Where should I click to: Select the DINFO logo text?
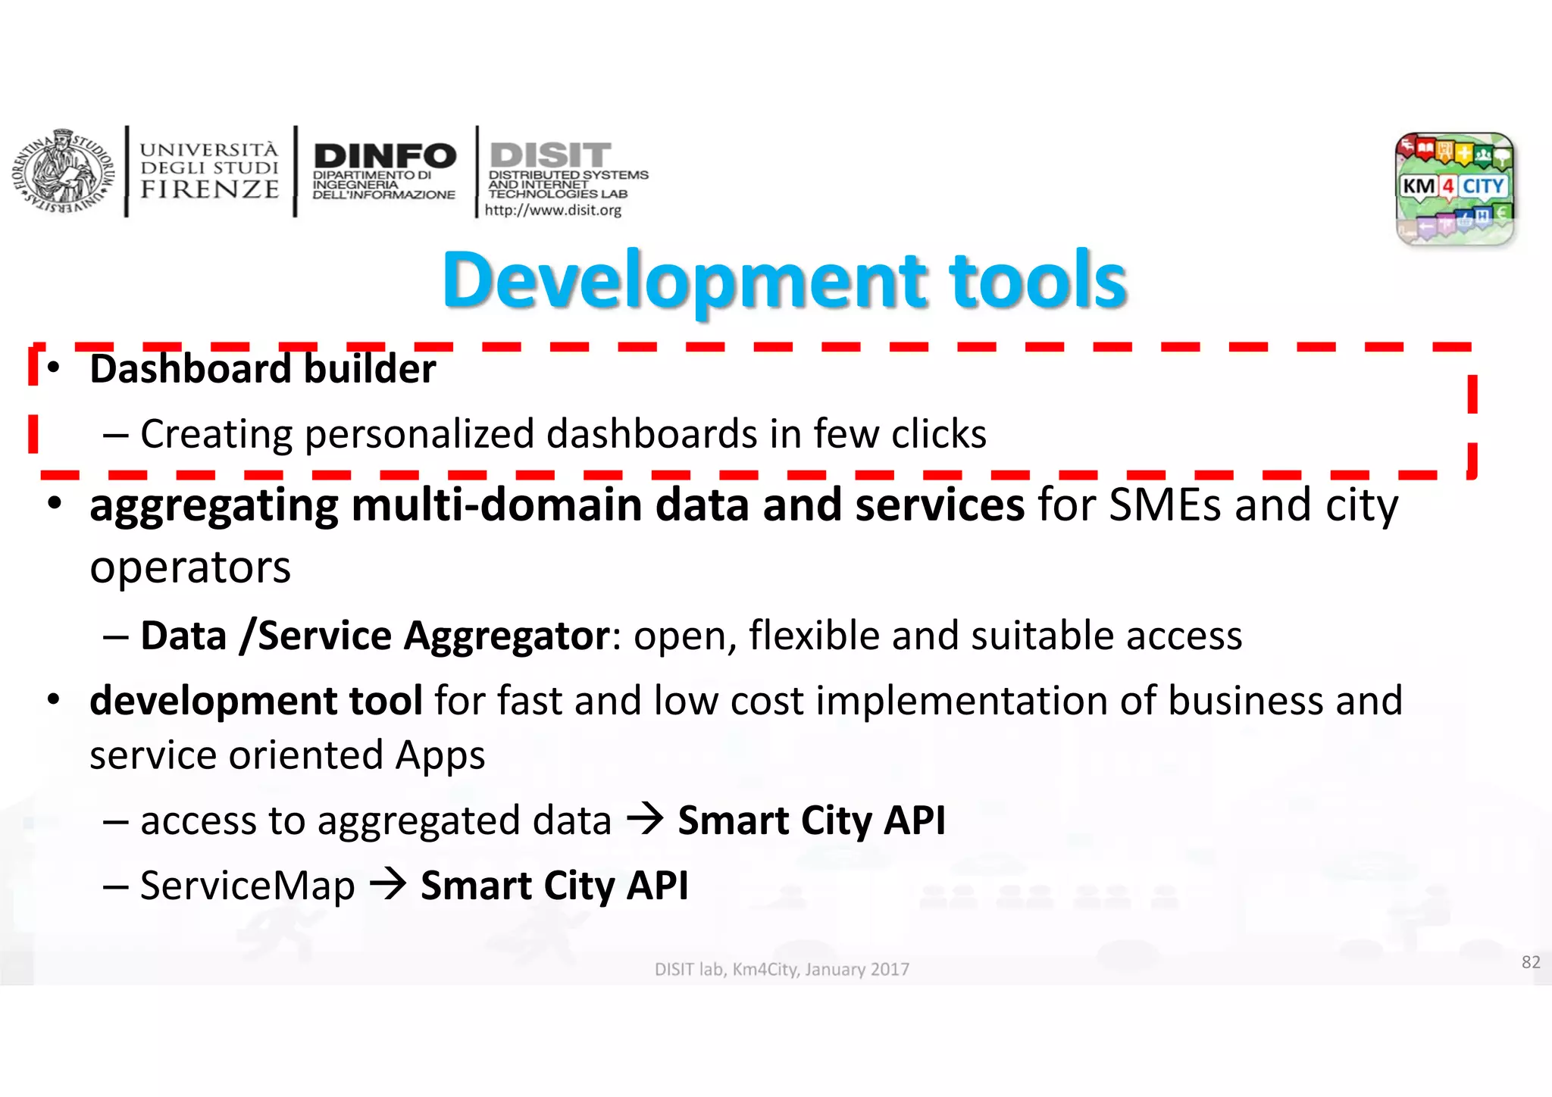tap(385, 157)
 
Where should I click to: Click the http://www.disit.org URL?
tap(552, 210)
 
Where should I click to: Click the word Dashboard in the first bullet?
tap(189, 369)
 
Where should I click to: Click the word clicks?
tap(939, 435)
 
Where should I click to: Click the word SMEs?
tap(1166, 505)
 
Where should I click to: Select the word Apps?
tap(440, 756)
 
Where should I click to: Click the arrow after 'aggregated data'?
tap(645, 819)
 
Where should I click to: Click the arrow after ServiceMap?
tap(388, 884)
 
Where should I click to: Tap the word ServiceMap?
tap(247, 886)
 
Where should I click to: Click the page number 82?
tap(1531, 962)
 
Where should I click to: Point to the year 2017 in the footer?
tap(890, 970)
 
